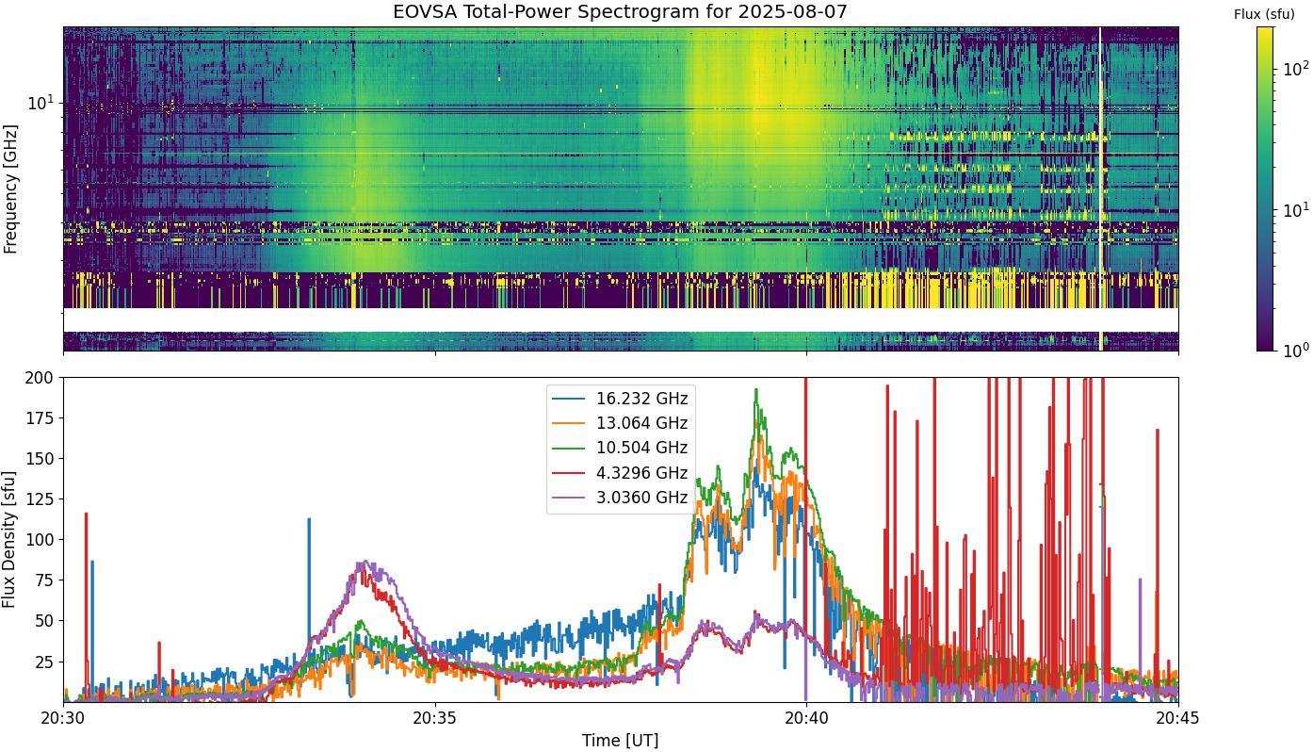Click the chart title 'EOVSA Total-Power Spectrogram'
[562, 11]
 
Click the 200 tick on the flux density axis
[39, 378]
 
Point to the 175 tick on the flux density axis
[39, 418]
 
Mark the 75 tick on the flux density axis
[44, 580]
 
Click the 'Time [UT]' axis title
[620, 741]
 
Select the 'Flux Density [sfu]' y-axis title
[8, 540]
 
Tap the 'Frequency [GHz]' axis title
[10, 188]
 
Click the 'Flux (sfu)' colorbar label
[1264, 14]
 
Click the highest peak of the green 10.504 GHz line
[756, 389]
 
